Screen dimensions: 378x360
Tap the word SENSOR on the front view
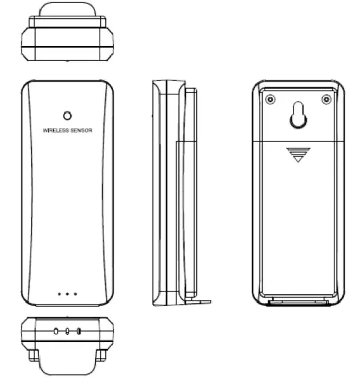pyautogui.click(x=82, y=130)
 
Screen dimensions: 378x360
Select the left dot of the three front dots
pyautogui.click(x=59, y=293)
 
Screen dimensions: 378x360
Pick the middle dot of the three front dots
pyautogui.click(x=67, y=293)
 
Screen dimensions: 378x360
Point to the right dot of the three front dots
pyautogui.click(x=75, y=293)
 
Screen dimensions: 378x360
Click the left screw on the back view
pyautogui.click(x=270, y=99)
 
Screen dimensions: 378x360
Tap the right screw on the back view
pyautogui.click(x=326, y=99)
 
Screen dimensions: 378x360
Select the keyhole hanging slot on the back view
pyautogui.click(x=298, y=116)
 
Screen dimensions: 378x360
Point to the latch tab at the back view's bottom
pyautogui.click(x=298, y=303)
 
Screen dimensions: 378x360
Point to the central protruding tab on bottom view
pyautogui.click(x=67, y=362)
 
